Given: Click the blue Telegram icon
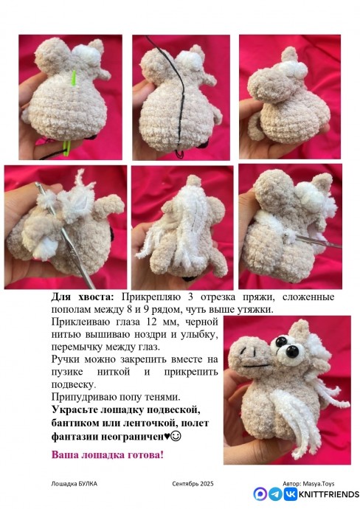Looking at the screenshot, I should (x=274, y=494).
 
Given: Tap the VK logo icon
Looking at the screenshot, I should (x=288, y=494).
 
